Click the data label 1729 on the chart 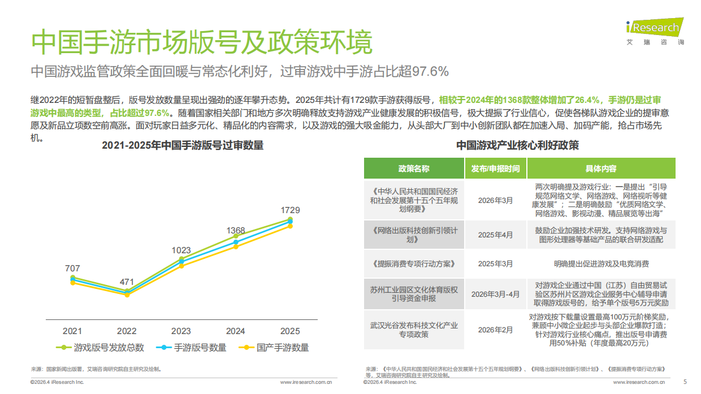(x=290, y=210)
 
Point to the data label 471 (x=127, y=282)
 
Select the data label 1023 (x=181, y=250)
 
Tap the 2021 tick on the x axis (x=72, y=331)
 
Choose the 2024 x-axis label (x=235, y=331)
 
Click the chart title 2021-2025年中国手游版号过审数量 (x=183, y=145)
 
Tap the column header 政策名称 (x=413, y=168)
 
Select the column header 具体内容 (x=600, y=168)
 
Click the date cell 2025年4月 (x=495, y=235)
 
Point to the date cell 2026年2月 (x=495, y=330)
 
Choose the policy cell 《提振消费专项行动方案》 (x=413, y=263)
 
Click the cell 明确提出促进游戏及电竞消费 (x=600, y=263)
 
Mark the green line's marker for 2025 (x=290, y=219)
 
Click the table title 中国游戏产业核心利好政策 (x=517, y=145)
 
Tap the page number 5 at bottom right (x=685, y=382)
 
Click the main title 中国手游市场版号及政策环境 (x=202, y=42)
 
